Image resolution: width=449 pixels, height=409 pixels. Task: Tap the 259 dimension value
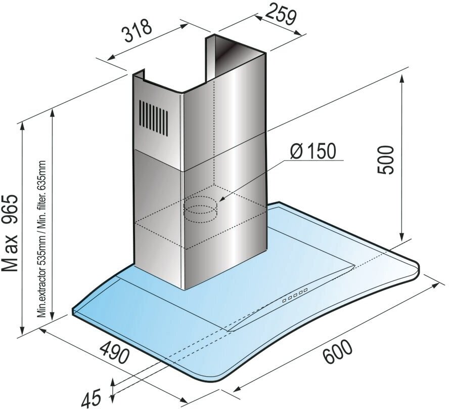point(279,16)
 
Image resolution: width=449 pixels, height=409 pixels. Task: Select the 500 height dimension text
point(386,160)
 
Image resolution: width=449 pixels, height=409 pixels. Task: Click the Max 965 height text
point(10,232)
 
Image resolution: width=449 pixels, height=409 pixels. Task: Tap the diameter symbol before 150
point(298,152)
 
